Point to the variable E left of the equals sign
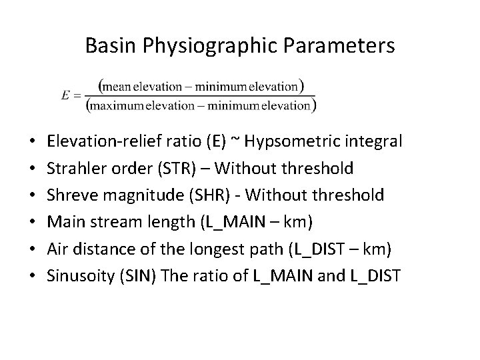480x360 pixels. (65, 95)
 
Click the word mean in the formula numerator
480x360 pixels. (116, 86)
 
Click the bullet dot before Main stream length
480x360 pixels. (32, 222)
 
